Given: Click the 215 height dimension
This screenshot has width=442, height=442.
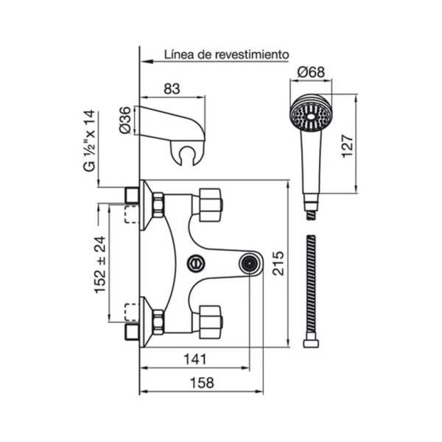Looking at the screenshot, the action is [x=278, y=263].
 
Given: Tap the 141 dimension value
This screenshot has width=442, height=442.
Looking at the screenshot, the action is [x=195, y=359].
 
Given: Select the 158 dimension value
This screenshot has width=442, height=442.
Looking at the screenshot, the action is [x=202, y=383].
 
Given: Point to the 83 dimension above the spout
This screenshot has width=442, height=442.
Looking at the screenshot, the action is [x=172, y=89].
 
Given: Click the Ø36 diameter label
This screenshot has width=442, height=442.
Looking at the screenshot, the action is [x=125, y=120].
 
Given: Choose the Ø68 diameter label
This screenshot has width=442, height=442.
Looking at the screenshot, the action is [x=311, y=72].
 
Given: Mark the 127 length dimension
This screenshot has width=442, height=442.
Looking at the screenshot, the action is [x=347, y=147].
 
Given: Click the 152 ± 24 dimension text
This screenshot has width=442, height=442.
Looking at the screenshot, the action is [x=100, y=264].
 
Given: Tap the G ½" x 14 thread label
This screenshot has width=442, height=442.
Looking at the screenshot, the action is [x=90, y=141].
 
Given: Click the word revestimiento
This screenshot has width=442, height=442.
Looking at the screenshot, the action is [x=252, y=55].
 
